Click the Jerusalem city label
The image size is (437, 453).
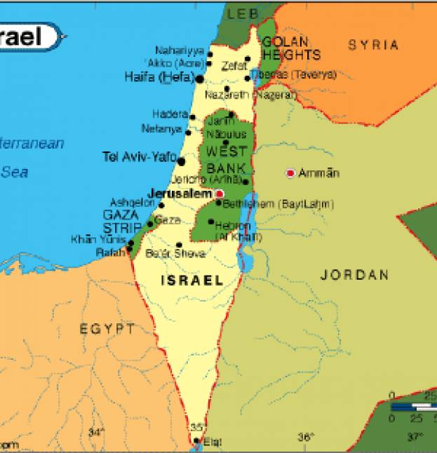pos(180,193)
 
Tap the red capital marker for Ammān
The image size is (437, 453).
pos(290,173)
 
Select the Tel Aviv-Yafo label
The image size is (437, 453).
pos(139,157)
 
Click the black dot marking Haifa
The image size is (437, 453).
pos(199,79)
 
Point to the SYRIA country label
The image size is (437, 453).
pos(373,45)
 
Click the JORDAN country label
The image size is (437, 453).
pos(354,275)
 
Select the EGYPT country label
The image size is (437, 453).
pos(107,328)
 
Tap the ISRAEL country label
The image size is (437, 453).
pos(192,280)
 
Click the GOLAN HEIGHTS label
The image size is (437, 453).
pos(290,48)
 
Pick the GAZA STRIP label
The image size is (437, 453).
pos(122,221)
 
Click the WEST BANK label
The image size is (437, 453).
pos(227,160)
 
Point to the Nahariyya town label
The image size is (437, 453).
pos(180,51)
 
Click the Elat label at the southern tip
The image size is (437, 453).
pos(212,442)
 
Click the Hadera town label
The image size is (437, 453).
pos(169,114)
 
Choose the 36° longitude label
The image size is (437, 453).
pos(306,438)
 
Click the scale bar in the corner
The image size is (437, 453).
pos(413,407)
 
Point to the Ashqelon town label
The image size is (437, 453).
pos(132,202)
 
